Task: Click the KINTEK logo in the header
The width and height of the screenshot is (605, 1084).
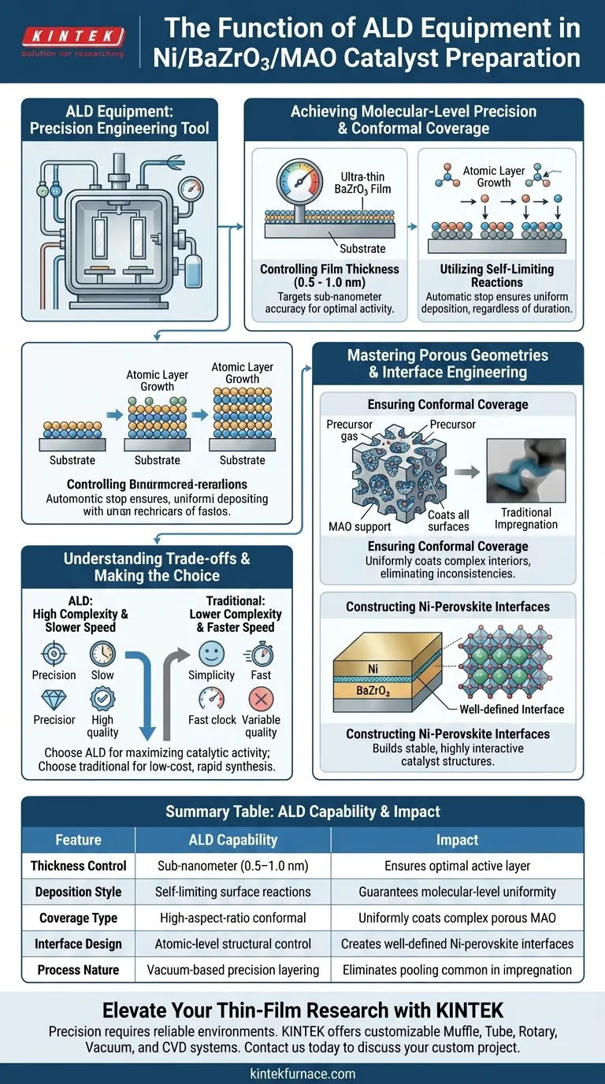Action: coord(73,36)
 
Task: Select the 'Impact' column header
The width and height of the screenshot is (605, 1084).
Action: coord(457,840)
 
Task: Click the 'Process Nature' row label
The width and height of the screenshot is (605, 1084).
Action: coord(78,970)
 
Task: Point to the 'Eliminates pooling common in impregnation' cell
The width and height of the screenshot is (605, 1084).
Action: coord(457,970)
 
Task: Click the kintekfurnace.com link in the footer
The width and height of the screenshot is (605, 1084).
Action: coord(302,1073)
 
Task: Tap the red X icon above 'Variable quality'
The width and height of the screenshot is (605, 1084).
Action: coord(261,698)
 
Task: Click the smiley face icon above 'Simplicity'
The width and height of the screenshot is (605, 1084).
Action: coord(211,653)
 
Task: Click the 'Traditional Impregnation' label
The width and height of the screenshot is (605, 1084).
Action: coord(526,518)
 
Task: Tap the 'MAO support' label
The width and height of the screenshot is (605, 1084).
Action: coord(359,526)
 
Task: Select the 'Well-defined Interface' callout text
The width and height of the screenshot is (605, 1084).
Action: coord(512,709)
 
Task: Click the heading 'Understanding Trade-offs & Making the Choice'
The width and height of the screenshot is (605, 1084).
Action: coord(157,566)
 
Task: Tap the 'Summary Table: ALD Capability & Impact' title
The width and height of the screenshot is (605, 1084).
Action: coord(302,811)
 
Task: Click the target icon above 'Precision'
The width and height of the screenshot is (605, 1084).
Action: coord(54,653)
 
